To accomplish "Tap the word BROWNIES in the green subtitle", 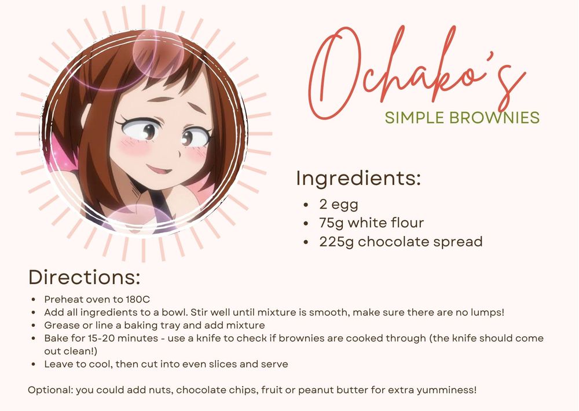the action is point(494,118).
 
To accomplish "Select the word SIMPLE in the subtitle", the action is point(415,118).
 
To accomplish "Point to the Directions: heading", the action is point(85,277).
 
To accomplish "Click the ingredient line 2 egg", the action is point(339,205).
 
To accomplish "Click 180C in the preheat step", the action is point(138,299).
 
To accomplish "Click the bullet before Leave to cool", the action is point(34,365).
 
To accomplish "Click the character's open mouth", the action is point(160,170).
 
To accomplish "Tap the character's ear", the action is point(85,115).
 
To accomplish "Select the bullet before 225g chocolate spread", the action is point(305,242).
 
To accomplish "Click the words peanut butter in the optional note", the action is point(321,390).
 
